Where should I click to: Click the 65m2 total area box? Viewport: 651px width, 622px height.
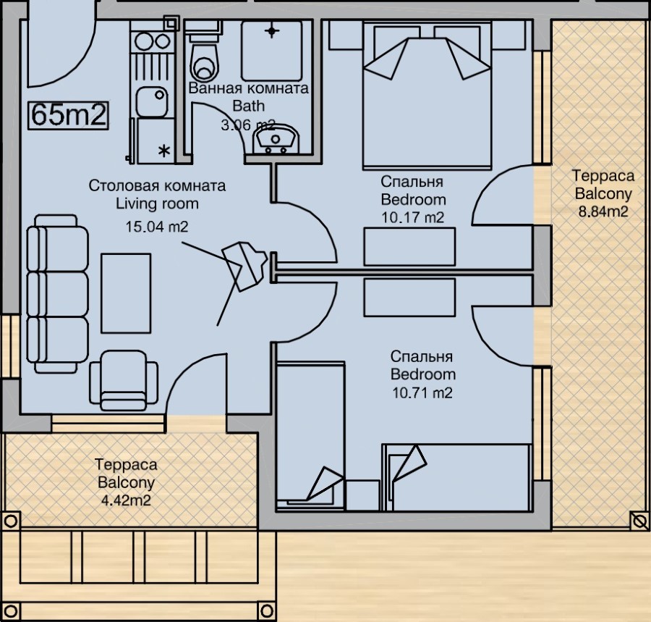click(x=69, y=115)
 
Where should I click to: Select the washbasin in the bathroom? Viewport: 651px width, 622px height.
click(x=276, y=139)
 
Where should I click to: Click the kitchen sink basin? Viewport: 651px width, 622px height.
click(x=153, y=101)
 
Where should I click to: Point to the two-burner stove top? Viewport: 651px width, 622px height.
click(x=153, y=41)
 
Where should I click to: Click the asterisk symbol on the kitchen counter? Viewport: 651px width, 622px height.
click(x=165, y=150)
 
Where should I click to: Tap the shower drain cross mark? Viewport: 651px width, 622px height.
click(x=271, y=30)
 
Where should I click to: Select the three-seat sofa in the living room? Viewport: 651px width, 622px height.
click(x=57, y=293)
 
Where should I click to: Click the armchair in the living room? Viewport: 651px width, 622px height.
click(x=124, y=381)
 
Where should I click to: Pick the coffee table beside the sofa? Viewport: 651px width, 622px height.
click(x=126, y=293)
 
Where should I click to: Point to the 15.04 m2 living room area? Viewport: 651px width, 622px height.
click(x=157, y=227)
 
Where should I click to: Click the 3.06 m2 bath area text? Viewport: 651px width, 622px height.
click(x=248, y=125)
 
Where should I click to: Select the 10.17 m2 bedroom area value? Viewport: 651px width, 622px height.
click(x=413, y=217)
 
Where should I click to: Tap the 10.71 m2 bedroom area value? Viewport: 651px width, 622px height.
click(x=422, y=392)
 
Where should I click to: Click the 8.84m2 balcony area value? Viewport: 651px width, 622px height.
click(x=603, y=211)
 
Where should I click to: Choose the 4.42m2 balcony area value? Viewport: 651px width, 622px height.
click(x=126, y=500)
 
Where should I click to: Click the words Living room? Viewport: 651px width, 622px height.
click(x=157, y=203)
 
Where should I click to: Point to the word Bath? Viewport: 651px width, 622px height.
click(x=248, y=106)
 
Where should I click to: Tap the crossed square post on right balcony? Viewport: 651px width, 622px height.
click(x=639, y=520)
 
